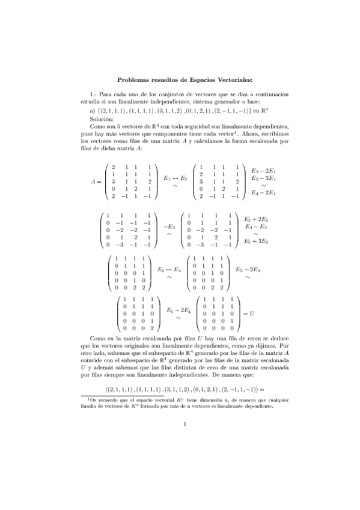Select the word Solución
[x=100, y=120]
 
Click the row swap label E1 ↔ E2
[x=175, y=179]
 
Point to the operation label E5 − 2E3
[x=248, y=269]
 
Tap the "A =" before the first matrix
[x=96, y=180]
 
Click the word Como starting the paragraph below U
[x=97, y=339]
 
